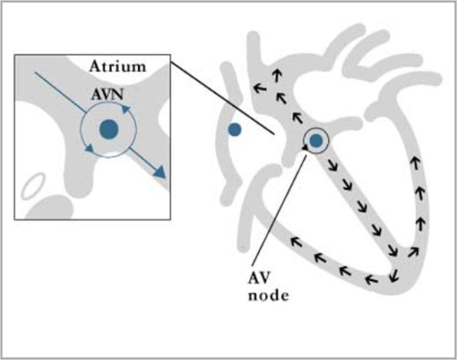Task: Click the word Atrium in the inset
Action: click(x=118, y=67)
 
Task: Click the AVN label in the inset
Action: click(x=108, y=94)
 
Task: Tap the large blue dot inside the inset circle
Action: click(x=109, y=129)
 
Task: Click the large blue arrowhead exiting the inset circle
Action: click(x=159, y=172)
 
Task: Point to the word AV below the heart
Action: click(x=259, y=279)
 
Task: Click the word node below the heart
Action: click(x=268, y=296)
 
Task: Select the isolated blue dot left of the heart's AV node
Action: click(x=234, y=130)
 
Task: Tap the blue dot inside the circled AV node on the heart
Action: click(x=316, y=141)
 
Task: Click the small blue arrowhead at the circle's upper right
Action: click(x=126, y=109)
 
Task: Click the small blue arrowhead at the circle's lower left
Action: click(x=89, y=148)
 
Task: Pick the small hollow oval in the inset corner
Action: click(x=34, y=186)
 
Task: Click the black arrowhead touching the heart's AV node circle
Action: click(x=305, y=148)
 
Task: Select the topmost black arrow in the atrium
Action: click(x=277, y=76)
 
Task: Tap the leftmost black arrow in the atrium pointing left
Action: click(x=260, y=88)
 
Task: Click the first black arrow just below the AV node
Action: click(x=333, y=165)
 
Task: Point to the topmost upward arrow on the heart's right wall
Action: click(x=415, y=163)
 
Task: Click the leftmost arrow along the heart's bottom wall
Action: click(x=296, y=242)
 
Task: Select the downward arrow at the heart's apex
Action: click(x=394, y=276)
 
